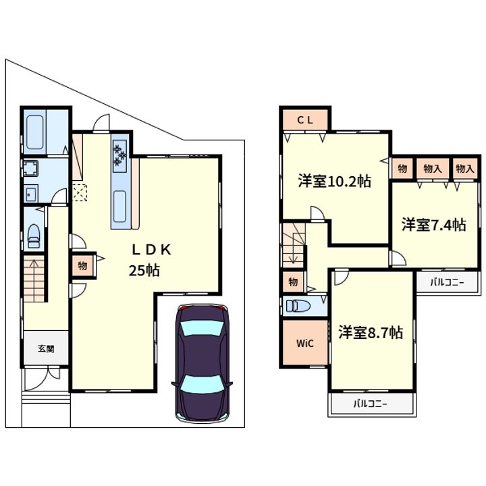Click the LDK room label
152,250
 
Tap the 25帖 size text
144,271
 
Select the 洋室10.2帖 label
334,181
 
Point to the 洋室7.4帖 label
434,225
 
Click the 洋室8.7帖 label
371,332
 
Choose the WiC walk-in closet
305,343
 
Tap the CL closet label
305,120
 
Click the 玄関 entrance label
46,349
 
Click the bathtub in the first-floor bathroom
34,132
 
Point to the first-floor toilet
34,236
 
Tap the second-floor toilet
298,306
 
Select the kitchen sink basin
119,206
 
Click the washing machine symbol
30,168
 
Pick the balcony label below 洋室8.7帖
371,404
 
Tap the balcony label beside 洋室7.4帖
447,282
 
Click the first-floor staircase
34,279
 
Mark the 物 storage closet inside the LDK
82,266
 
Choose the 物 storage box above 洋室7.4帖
402,169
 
